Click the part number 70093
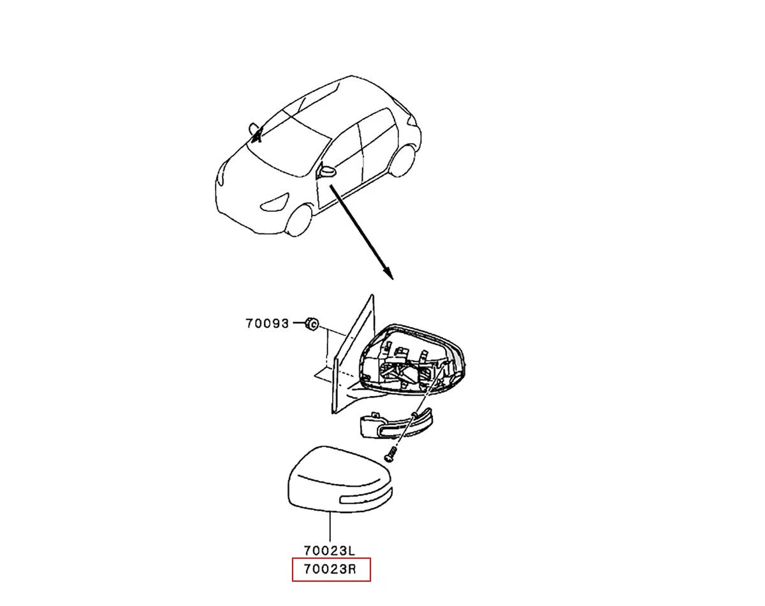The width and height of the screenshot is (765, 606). pos(267,323)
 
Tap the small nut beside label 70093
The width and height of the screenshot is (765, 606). pos(312,323)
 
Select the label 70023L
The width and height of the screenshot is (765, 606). pos(330,551)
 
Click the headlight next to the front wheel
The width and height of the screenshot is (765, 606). pos(275,202)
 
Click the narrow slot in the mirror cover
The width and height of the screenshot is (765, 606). pos(365,497)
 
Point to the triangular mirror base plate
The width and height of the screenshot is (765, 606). pos(352,356)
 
